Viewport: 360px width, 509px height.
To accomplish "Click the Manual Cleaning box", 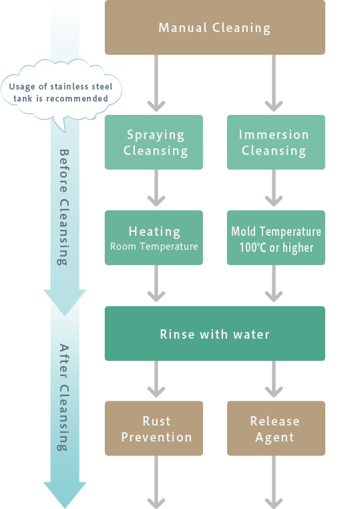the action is point(215,27).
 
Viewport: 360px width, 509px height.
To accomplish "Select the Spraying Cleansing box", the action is point(154,142).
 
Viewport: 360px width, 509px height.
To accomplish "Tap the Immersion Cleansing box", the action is point(276,142).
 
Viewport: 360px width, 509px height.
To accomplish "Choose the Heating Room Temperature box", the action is point(154,238).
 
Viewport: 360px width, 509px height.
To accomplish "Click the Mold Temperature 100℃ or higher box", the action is point(276,238).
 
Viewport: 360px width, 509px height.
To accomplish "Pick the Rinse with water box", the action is point(215,333).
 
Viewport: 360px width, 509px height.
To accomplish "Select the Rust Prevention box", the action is point(154,428).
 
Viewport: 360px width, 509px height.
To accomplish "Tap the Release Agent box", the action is point(276,428).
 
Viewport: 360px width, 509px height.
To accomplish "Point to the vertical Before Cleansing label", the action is point(63,207).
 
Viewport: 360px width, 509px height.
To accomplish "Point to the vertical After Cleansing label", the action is point(63,397).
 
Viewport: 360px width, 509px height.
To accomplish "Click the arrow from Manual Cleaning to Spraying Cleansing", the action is point(156,83).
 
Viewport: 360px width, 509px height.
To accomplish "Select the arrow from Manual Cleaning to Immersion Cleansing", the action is point(274,83).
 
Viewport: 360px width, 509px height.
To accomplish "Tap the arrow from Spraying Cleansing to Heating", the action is point(156,188).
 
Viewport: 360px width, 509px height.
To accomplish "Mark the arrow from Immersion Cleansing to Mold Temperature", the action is point(274,188).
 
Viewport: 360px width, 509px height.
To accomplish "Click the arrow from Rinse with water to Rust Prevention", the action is point(156,379).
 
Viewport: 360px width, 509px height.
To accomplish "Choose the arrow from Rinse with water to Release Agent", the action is point(274,379).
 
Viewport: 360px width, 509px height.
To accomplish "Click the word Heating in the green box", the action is point(154,232).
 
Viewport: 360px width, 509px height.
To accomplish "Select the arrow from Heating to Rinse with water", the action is point(156,283).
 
